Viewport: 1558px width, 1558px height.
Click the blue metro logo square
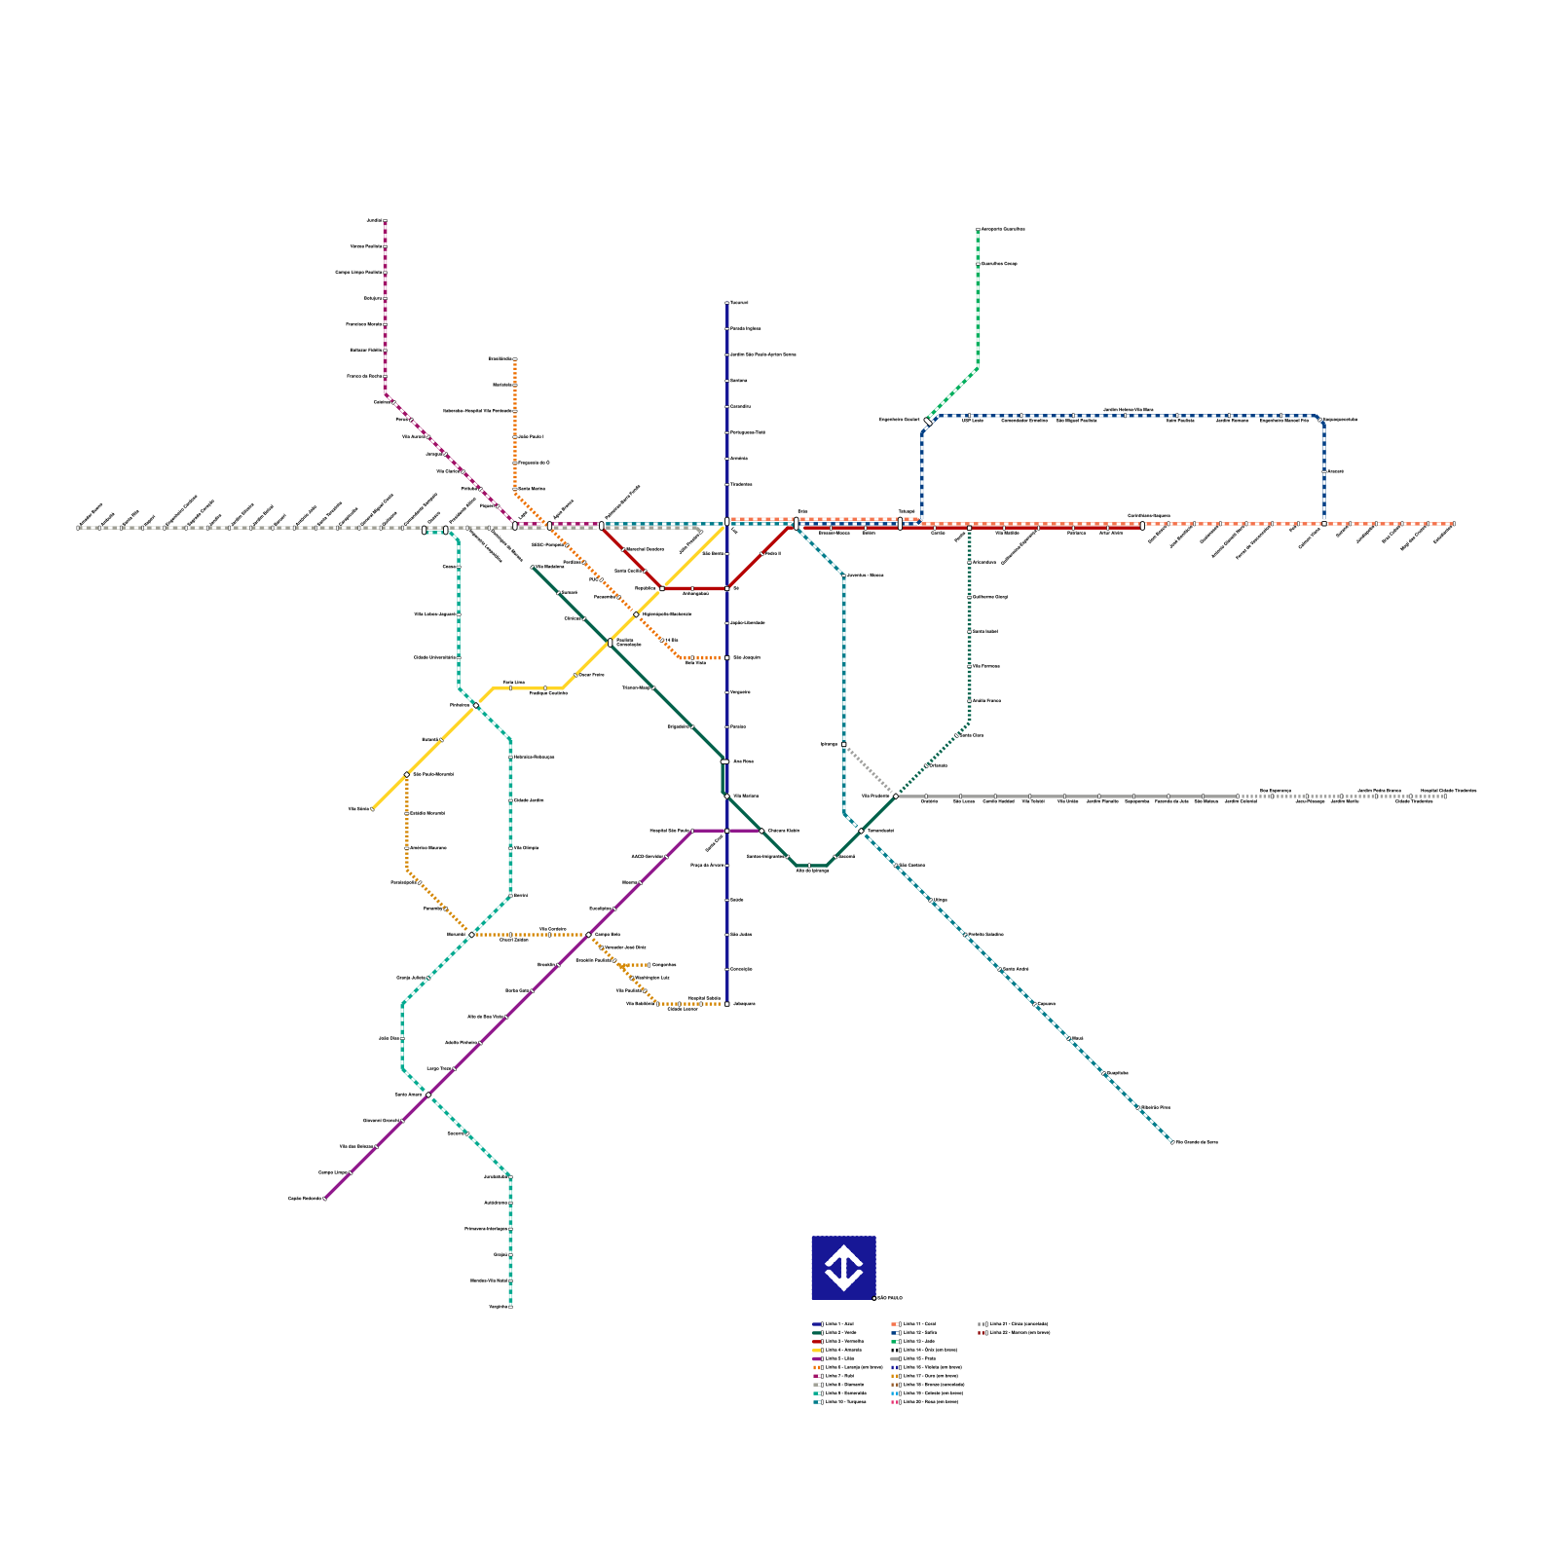point(843,1268)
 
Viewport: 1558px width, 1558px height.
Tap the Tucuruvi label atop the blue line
point(740,303)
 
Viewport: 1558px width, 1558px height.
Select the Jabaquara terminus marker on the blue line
point(727,1004)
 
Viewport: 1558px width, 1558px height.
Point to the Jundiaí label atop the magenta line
point(374,221)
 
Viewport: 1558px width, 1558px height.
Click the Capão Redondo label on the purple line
point(305,1199)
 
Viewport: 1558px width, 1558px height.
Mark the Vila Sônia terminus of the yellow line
point(372,809)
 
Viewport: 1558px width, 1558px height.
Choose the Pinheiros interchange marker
point(475,705)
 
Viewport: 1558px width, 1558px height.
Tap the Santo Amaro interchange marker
point(428,1094)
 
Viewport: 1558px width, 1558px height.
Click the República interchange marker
point(662,588)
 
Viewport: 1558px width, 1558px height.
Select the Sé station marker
point(727,588)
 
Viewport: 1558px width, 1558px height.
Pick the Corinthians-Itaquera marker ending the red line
point(1142,526)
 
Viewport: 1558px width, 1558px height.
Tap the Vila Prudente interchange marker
point(896,797)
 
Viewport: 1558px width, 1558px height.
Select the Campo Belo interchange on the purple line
point(588,935)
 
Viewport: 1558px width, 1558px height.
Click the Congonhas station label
point(664,965)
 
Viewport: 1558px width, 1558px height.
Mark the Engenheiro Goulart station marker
point(927,421)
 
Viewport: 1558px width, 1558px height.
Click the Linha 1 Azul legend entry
point(836,1324)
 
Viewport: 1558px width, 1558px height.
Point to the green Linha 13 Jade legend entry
point(916,1342)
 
